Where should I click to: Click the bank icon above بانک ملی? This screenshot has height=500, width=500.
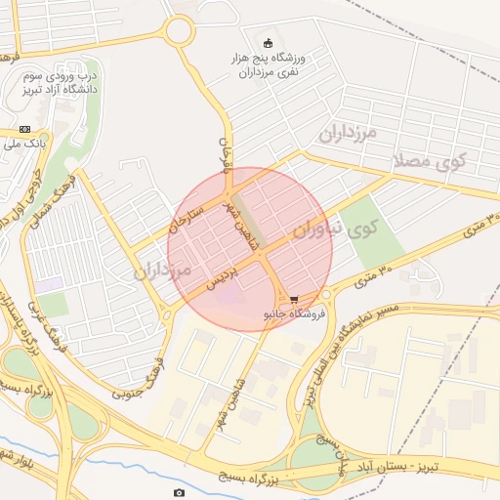click(24, 129)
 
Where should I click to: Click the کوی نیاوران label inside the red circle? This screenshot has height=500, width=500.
click(332, 230)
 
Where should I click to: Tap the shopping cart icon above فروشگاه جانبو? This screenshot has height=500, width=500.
click(293, 300)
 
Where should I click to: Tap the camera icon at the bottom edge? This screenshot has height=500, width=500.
click(178, 492)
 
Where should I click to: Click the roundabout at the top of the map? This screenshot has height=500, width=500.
click(179, 31)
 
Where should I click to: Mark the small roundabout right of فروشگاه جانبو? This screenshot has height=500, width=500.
click(326, 294)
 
